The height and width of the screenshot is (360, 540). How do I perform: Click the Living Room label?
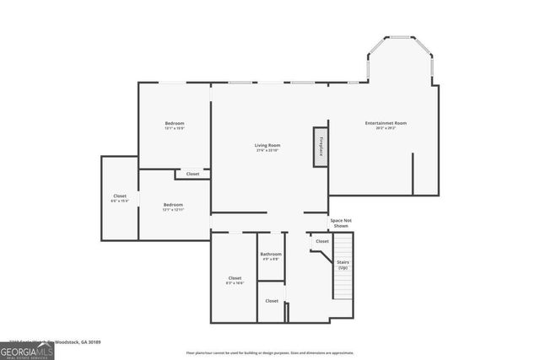[267, 145]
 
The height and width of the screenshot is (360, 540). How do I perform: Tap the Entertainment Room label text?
[386, 123]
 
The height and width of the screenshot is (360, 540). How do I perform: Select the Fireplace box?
[321, 147]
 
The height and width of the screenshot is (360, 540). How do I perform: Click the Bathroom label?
[271, 254]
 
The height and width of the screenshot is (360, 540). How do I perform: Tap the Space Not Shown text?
[341, 223]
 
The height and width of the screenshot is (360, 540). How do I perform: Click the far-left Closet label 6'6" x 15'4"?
[119, 198]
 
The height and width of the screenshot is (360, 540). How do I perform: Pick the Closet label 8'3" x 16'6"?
[235, 281]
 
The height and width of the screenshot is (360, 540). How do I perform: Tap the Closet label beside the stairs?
[322, 241]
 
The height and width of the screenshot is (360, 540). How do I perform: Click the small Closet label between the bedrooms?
[192, 174]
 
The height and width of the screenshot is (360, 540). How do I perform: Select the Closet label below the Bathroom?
[272, 300]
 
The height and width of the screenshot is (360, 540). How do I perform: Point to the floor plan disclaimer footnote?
[270, 352]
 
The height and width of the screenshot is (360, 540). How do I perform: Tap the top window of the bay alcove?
[400, 37]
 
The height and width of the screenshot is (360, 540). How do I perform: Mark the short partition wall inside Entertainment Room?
[413, 173]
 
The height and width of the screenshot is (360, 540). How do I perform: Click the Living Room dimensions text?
[267, 150]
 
